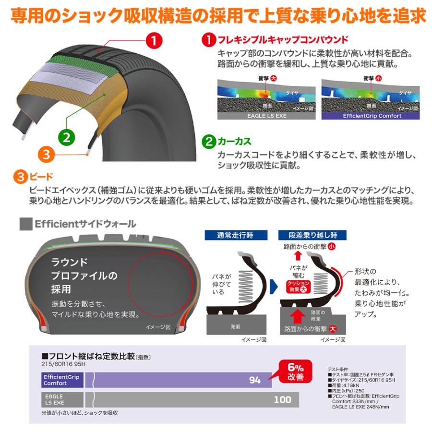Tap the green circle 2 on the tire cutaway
point(67,136)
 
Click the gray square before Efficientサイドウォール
point(25,224)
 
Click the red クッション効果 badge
point(298,286)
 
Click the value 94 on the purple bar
point(254,380)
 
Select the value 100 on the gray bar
point(282,399)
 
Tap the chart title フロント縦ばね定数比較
point(89,356)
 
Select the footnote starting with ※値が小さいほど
point(80,412)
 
